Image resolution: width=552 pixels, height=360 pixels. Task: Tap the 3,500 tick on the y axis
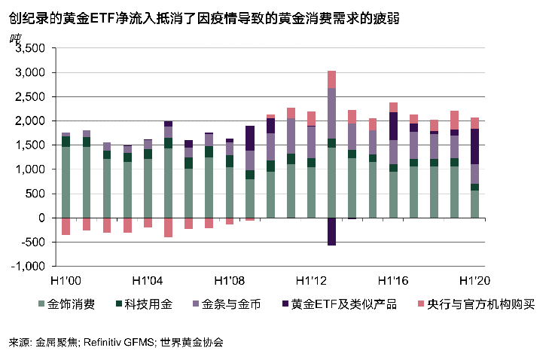32,49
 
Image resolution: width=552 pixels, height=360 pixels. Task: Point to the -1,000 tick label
31,266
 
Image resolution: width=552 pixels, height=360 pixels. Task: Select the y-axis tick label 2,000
32,121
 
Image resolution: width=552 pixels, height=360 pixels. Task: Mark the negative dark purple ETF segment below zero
331,231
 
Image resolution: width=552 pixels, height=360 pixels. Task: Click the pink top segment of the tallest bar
331,79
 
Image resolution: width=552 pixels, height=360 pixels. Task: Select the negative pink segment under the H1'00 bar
66,226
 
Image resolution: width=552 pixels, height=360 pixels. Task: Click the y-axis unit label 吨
14,38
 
